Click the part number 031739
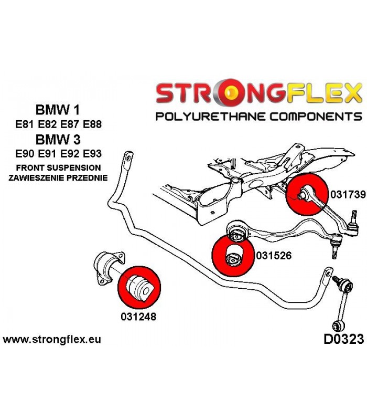click(x=348, y=194)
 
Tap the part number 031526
click(x=274, y=255)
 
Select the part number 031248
click(x=138, y=317)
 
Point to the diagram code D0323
click(x=344, y=339)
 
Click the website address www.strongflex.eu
click(x=52, y=340)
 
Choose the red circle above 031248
click(x=139, y=287)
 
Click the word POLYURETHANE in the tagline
click(x=211, y=117)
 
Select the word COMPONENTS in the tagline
click(x=316, y=117)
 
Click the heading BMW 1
click(x=58, y=110)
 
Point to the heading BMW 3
click(x=58, y=140)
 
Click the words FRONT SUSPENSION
click(x=58, y=168)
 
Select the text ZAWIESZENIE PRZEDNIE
click(x=58, y=177)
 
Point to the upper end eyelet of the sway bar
click(x=128, y=157)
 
